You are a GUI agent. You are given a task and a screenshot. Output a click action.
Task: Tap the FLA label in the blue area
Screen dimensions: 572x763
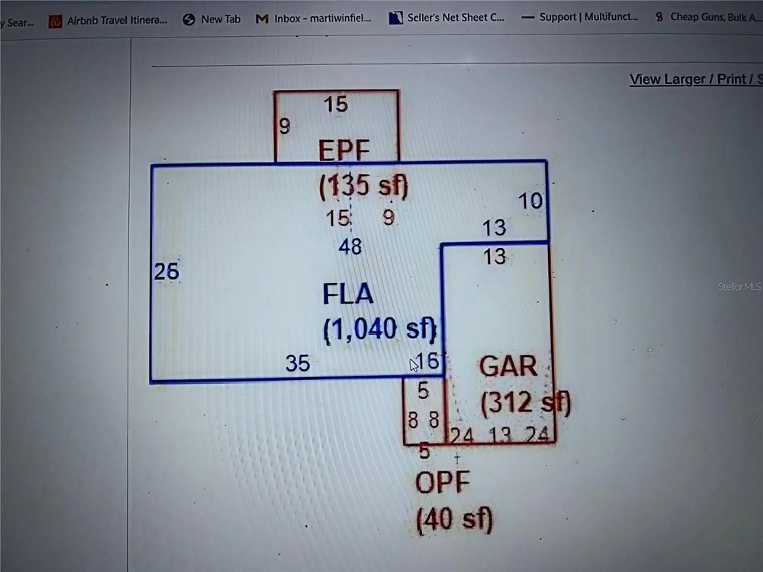[348, 294]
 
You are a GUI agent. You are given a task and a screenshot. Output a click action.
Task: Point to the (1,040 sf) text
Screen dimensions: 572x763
[380, 329]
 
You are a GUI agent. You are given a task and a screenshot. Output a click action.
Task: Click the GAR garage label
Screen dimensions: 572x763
[508, 366]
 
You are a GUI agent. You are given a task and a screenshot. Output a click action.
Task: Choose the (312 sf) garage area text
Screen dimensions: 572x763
[526, 402]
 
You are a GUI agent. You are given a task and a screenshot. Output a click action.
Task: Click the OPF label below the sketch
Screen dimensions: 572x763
[443, 482]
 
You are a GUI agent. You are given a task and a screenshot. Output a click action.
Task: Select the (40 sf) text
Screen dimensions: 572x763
[454, 519]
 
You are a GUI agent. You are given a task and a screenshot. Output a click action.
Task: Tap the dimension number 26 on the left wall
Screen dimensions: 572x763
[166, 272]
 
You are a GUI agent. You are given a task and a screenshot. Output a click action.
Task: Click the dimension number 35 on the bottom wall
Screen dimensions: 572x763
[298, 363]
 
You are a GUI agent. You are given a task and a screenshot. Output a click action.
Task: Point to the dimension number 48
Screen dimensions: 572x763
[350, 247]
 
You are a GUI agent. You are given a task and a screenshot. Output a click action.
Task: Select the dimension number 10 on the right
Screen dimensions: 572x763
[530, 201]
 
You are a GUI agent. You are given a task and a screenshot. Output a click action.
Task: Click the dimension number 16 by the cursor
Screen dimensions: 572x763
[428, 360]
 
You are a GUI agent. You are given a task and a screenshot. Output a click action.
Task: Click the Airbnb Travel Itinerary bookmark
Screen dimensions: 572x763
[108, 21]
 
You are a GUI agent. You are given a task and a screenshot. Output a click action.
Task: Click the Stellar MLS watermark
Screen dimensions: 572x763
[739, 287]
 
